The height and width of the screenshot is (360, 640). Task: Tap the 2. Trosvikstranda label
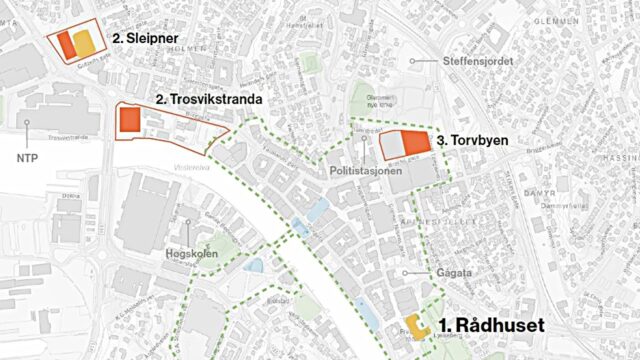point(209,100)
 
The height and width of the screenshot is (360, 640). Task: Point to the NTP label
point(28,158)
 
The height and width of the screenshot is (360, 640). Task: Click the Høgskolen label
point(189,255)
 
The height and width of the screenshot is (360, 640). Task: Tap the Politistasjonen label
point(367,172)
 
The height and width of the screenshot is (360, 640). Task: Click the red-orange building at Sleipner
point(65,43)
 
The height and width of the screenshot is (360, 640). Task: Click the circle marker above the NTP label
point(28,122)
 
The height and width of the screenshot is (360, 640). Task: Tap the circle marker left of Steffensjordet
point(415,61)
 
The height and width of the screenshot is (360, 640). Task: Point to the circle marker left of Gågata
point(406,272)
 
